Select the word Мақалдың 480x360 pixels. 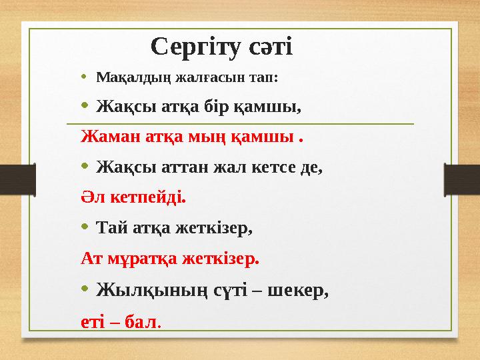click(x=134, y=77)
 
